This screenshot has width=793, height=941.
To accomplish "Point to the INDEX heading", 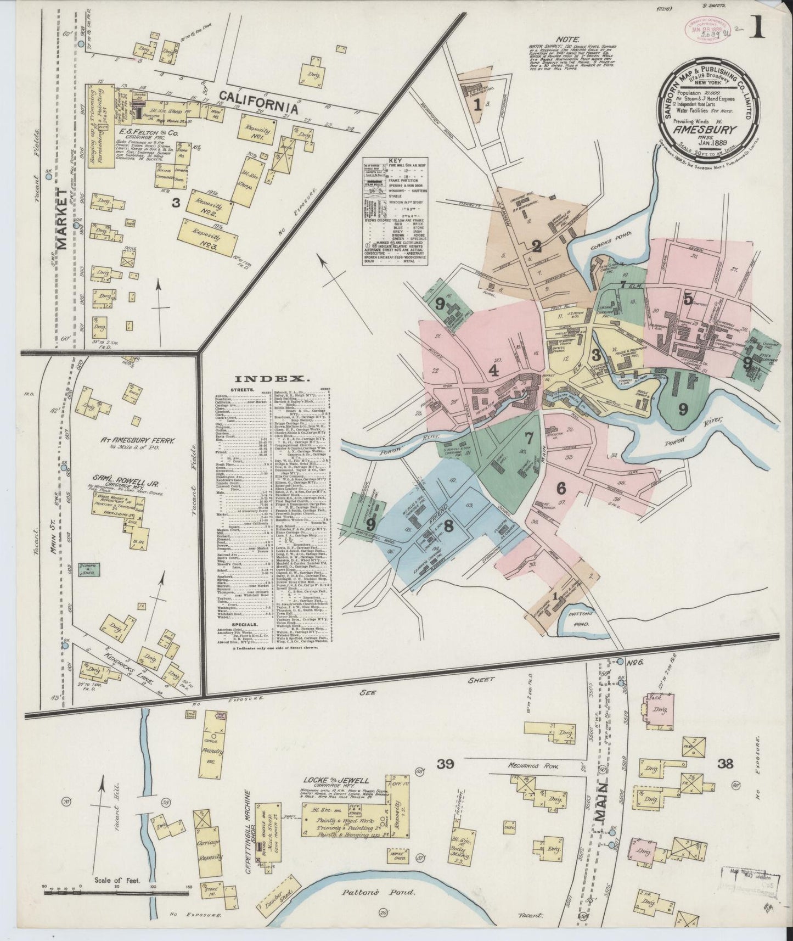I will point(270,378).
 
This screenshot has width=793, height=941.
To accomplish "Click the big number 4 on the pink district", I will point(493,370).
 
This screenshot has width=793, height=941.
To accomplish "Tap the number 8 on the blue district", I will point(449,526).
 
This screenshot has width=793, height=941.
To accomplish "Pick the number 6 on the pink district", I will point(560,488).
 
